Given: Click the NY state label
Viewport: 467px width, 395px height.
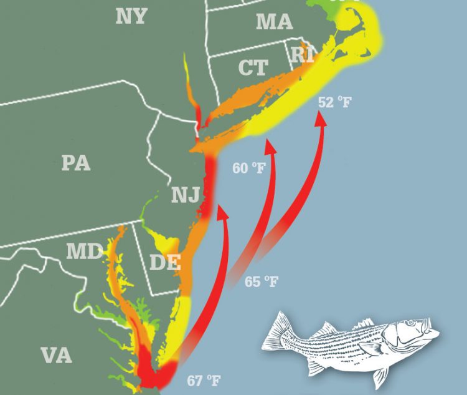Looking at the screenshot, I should click(x=131, y=16).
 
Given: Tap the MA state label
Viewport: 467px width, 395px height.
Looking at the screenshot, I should click(x=274, y=22).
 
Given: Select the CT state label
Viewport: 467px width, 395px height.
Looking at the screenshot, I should click(x=253, y=67).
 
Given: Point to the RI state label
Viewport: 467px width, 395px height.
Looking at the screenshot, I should click(x=303, y=55).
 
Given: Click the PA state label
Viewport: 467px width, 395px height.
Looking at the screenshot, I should click(x=76, y=163).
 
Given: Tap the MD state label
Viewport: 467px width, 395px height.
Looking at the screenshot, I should click(x=85, y=252).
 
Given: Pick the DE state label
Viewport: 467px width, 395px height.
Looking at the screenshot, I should click(x=164, y=262).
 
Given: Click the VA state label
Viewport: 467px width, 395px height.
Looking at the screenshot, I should click(x=56, y=356).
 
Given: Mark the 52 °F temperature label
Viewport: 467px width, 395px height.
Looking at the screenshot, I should click(x=335, y=102).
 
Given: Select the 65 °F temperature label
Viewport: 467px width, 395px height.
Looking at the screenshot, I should click(x=261, y=282).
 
